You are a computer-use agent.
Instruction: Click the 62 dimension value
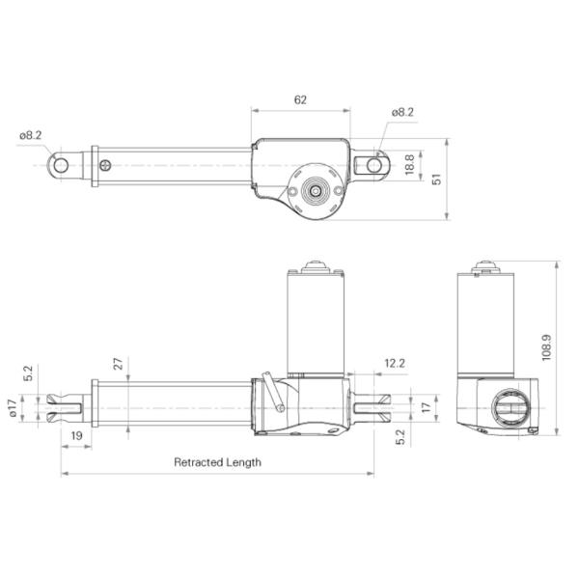coord(300,100)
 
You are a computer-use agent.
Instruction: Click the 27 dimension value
coord(119,365)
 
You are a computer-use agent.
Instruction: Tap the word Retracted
coord(197,462)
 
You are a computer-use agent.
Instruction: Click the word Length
coord(243,462)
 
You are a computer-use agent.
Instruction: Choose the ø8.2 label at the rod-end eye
coord(31,135)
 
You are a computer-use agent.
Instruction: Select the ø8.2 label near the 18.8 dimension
coord(402,113)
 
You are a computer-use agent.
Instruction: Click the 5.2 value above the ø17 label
coord(28,372)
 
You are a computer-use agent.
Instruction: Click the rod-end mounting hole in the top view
coord(61,165)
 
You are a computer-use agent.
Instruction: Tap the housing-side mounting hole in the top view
coord(373,165)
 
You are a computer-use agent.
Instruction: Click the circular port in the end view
coord(509,410)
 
